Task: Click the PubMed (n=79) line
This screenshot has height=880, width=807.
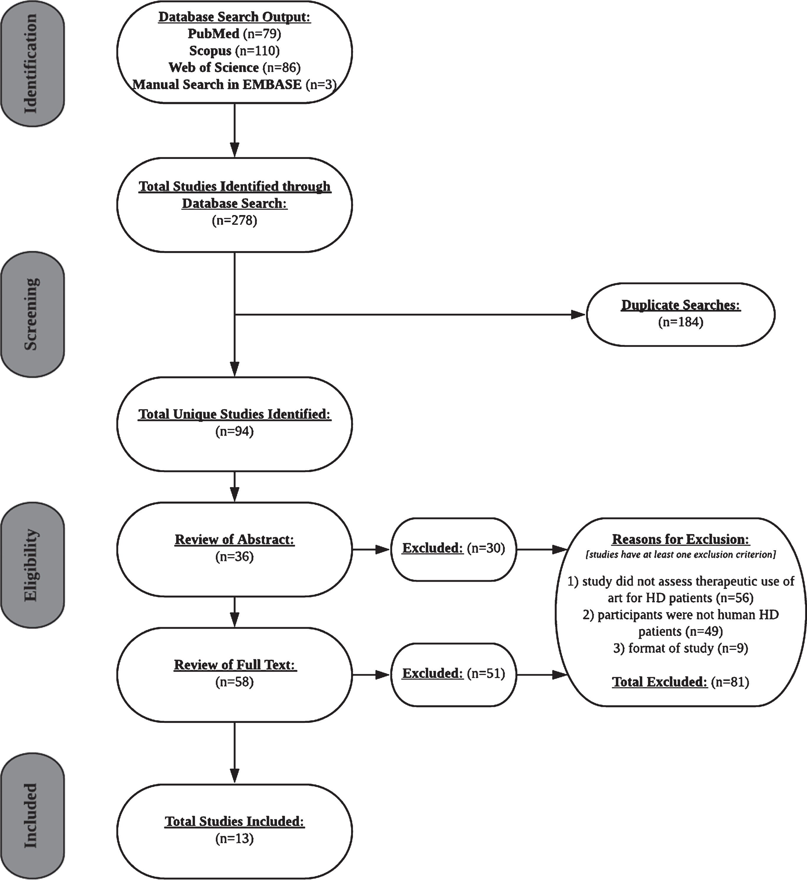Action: pyautogui.click(x=234, y=34)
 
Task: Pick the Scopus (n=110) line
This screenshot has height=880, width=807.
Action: pyautogui.click(x=234, y=51)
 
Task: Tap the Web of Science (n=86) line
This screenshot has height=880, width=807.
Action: pyautogui.click(x=234, y=67)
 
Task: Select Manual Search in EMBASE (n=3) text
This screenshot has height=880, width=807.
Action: pyautogui.click(x=234, y=84)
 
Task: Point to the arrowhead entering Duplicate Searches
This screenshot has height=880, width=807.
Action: pyautogui.click(x=579, y=314)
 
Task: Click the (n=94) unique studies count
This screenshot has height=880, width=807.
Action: pyautogui.click(x=234, y=431)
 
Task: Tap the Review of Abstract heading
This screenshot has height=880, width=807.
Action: pyautogui.click(x=234, y=540)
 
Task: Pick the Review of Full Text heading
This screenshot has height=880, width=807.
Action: pyautogui.click(x=235, y=665)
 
